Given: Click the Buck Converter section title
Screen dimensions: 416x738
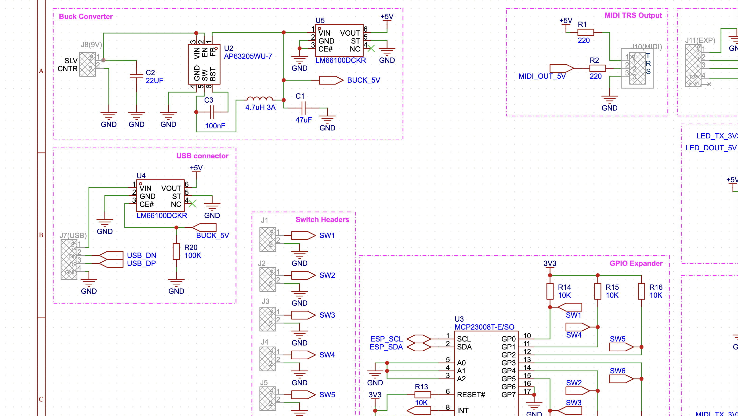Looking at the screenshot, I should tap(86, 17).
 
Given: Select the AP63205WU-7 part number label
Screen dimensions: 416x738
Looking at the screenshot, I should tap(248, 56).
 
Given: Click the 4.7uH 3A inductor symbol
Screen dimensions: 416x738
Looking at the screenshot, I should tap(260, 99).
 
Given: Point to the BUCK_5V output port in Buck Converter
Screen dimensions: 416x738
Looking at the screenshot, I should tap(331, 80).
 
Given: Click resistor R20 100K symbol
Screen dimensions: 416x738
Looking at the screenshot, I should tap(176, 251).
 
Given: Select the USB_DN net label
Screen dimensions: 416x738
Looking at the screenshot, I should tap(141, 255).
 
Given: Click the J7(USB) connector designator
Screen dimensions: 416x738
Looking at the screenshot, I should tap(73, 236).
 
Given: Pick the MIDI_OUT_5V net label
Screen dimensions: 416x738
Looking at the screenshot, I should tap(542, 76).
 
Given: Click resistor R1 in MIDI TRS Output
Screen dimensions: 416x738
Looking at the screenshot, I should tap(585, 32).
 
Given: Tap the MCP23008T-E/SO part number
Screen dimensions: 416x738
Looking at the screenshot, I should tap(484, 327).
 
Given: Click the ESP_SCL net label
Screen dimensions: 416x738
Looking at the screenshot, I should tap(386, 339).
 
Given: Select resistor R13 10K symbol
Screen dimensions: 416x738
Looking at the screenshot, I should tap(423, 395).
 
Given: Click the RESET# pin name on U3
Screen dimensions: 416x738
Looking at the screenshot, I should tap(471, 395).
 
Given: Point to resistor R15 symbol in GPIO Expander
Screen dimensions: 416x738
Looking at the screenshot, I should tap(598, 291).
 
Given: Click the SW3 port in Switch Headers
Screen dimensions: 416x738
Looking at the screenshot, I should tap(303, 315).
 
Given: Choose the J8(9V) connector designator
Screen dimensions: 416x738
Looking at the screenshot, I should tap(91, 45).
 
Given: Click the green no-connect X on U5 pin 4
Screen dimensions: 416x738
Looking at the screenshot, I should tap(371, 48).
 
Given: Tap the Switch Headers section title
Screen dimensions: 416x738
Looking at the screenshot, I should tap(322, 219).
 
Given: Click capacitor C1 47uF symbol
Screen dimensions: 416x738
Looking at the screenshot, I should tap(304, 108).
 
